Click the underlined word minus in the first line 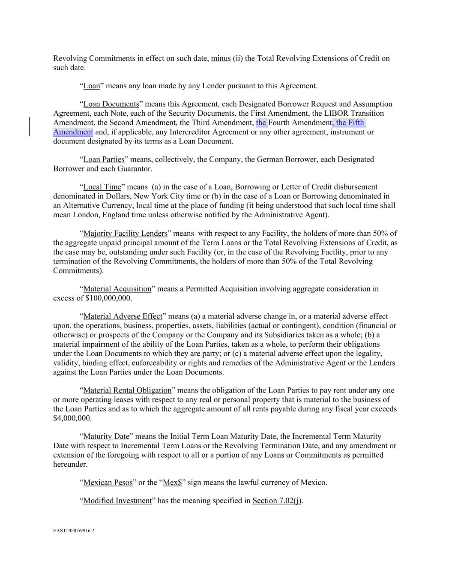pos(221,58)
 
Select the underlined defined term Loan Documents pos(111,104)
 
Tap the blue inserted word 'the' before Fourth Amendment pos(261,123)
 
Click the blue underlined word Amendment pos(73,132)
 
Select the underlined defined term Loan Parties pos(104,159)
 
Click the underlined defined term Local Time pos(102,187)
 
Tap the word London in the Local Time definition pos(69,215)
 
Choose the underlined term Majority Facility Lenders pos(125,234)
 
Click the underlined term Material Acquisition pos(117,289)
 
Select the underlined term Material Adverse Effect pos(123,316)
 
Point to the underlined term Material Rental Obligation pos(127,390)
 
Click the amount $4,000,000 pos(72,418)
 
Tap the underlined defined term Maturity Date pos(106,437)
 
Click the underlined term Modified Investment pos(117,501)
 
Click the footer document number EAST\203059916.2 pos(73,531)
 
